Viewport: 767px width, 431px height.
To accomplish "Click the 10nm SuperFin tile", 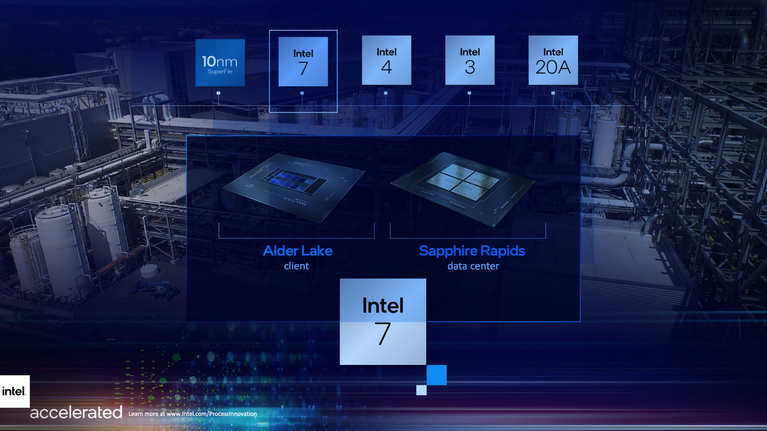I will coord(220,62).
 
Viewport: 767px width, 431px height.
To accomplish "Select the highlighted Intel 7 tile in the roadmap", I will coord(303,62).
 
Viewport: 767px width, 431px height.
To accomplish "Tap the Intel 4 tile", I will coord(387,60).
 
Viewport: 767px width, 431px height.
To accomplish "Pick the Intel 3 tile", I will coord(470,60).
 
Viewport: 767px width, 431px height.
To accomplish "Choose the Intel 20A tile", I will coord(553,60).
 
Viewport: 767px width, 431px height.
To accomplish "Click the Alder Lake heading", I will coord(297,251).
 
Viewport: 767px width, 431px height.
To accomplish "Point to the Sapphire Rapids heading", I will coord(472,251).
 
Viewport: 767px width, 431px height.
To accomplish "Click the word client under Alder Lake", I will coord(296,266).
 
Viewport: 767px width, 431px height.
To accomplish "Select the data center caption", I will coord(473,266).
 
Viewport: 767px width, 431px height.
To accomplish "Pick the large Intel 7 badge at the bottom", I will coord(383,322).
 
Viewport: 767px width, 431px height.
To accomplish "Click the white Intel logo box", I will coord(15,391).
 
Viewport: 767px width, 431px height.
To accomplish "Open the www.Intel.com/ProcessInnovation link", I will coord(211,414).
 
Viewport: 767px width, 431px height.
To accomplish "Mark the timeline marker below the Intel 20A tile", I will coord(553,93).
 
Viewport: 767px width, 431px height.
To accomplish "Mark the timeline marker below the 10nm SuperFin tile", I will coord(218,93).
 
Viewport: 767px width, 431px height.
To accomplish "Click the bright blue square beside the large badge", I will coord(436,375).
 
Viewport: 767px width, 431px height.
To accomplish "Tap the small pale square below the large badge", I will coord(421,390).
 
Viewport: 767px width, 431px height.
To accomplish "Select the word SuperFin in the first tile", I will coord(220,72).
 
